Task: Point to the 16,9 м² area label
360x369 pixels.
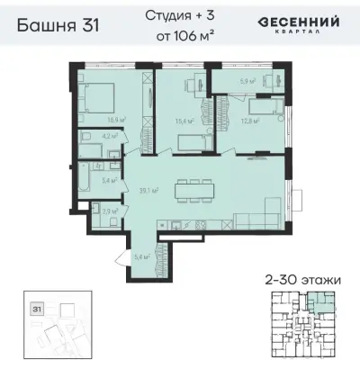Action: point(115,120)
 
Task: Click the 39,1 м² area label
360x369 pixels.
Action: point(149,190)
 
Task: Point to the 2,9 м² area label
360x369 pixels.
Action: point(107,212)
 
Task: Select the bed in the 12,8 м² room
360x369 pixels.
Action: point(265,111)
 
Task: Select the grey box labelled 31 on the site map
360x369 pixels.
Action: point(38,308)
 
